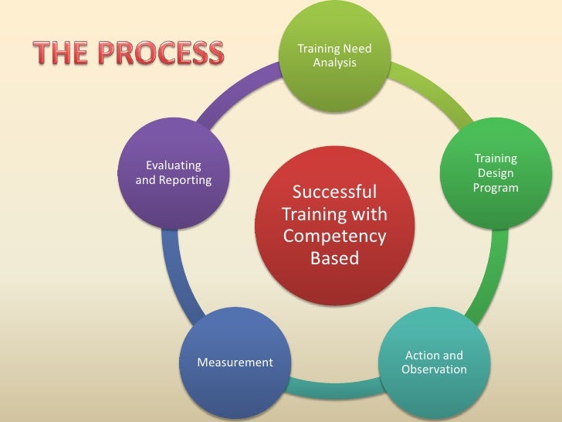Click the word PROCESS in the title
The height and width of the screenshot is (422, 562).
[163, 53]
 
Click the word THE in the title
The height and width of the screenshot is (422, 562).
[62, 53]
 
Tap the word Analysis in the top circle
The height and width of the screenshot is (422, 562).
[334, 62]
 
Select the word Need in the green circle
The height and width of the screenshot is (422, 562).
[356, 49]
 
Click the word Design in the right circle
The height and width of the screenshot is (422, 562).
[496, 174]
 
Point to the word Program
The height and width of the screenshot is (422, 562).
[496, 189]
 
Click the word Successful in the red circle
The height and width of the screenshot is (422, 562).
[334, 192]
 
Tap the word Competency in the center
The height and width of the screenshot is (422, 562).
[334, 235]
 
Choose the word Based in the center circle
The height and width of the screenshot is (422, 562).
[334, 258]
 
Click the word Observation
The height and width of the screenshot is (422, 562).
[434, 369]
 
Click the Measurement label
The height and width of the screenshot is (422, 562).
[235, 362]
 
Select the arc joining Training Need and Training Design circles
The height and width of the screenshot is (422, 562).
[436, 90]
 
